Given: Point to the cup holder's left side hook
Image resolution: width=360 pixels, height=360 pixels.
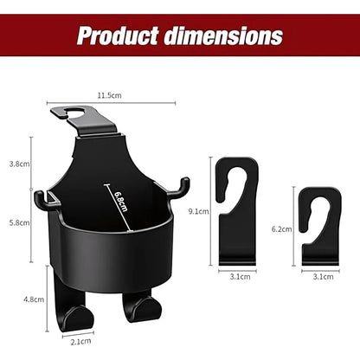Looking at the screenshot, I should [x=41, y=197].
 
